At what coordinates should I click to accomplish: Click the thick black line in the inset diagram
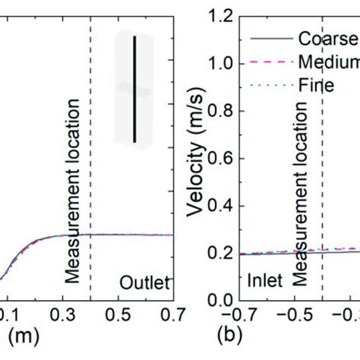click(135, 88)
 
